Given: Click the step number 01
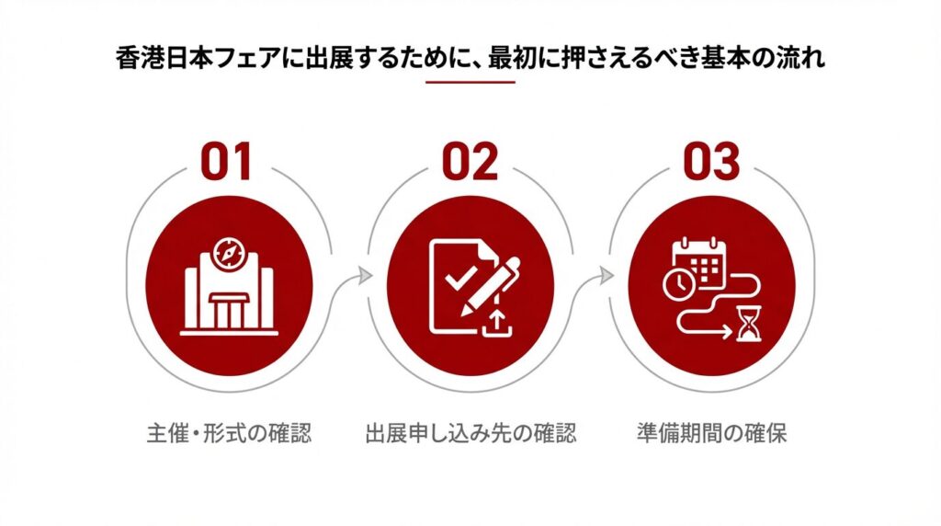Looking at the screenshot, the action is click(226, 162).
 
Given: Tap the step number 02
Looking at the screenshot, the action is click(470, 162).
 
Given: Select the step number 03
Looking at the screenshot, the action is click(712, 162).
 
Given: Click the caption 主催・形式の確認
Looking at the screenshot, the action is click(229, 433).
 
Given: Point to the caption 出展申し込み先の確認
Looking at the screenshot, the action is click(470, 433).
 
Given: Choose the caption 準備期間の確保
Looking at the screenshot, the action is click(712, 433).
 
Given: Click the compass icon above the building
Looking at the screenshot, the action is click(229, 254).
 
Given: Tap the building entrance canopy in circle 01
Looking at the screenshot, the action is click(228, 299).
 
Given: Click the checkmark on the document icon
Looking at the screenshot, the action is click(460, 277).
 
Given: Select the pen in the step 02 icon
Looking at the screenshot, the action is click(490, 287).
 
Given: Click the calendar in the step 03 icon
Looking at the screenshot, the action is click(699, 262).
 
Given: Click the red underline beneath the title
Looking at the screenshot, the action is click(470, 82).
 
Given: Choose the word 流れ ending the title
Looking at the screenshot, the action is click(801, 59).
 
